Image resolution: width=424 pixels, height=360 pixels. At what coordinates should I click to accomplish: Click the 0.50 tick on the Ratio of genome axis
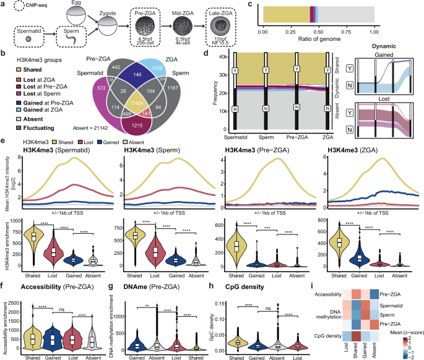[x=318, y=30]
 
